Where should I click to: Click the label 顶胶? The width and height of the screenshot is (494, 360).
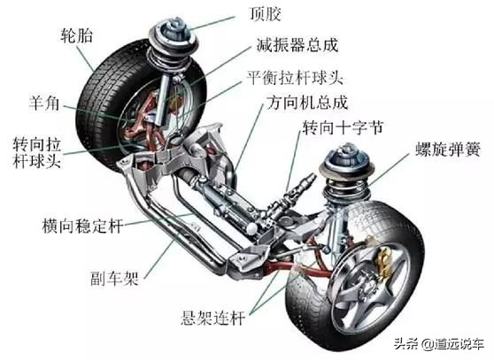click(265, 14)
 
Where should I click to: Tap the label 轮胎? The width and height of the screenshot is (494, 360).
click(76, 35)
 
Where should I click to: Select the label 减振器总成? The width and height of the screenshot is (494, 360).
click(297, 45)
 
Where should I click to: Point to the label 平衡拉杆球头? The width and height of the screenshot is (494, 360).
click(295, 78)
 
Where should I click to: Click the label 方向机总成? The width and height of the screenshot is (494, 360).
click(307, 103)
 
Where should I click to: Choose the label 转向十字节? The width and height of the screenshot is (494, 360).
click(343, 127)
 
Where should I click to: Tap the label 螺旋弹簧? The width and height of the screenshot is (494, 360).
click(448, 149)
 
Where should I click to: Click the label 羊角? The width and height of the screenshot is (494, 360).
click(44, 103)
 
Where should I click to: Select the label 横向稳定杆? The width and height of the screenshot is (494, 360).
click(82, 226)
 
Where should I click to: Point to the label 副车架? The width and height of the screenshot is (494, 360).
click(114, 278)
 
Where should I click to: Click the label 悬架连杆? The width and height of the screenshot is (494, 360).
click(213, 318)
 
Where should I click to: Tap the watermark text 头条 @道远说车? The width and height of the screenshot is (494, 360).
click(439, 343)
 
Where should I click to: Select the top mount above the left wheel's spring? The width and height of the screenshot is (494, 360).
click(173, 31)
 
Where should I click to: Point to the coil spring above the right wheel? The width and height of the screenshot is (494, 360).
click(345, 188)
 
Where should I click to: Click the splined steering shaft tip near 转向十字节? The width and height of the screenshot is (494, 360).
click(306, 182)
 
